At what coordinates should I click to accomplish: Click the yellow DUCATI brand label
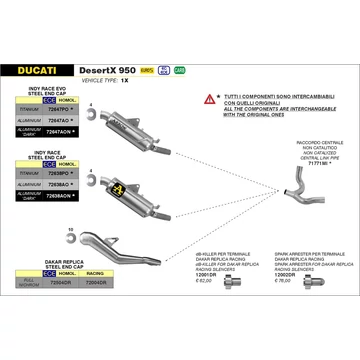(x=39, y=71)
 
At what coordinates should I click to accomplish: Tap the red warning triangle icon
(x=209, y=98)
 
